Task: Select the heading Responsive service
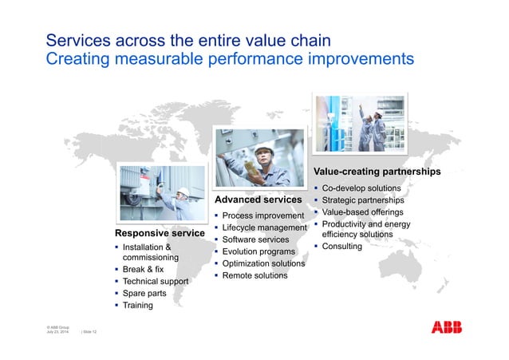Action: pos(160,234)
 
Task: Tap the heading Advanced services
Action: pos(258,199)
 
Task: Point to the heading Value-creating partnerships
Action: pos(377,172)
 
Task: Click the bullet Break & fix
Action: pos(144,270)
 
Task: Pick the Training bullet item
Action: pos(137,306)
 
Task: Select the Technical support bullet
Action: pos(156,282)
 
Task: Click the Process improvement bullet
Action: pos(263,216)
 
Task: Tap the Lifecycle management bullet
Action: pos(265,228)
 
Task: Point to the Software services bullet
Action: pos(255,239)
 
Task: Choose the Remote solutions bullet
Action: pos(254,275)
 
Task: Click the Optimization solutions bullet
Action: pos(263,263)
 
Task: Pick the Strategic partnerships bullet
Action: pos(362,200)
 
